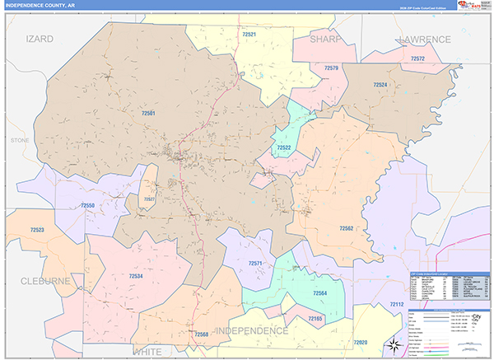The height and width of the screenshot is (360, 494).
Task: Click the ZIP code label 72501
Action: coord(148,114)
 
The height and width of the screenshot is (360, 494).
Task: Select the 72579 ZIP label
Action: coord(331,68)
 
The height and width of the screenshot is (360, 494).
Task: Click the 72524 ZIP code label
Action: coord(380,85)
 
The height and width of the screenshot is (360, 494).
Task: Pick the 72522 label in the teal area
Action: coord(284,147)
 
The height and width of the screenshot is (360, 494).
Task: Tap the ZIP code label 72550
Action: coord(87,205)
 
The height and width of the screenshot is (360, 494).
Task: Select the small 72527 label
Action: coord(149,199)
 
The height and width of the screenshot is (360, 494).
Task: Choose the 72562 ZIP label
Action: coord(346,227)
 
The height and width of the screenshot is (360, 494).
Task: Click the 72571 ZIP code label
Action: coord(255,264)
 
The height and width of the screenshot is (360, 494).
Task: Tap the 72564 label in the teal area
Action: coord(320,292)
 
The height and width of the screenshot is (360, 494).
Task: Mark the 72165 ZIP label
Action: coord(315,318)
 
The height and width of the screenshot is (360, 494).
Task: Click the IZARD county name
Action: coord(40,39)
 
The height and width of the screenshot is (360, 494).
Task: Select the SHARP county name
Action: coord(325,39)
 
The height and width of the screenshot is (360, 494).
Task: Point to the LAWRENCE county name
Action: coord(424,39)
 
